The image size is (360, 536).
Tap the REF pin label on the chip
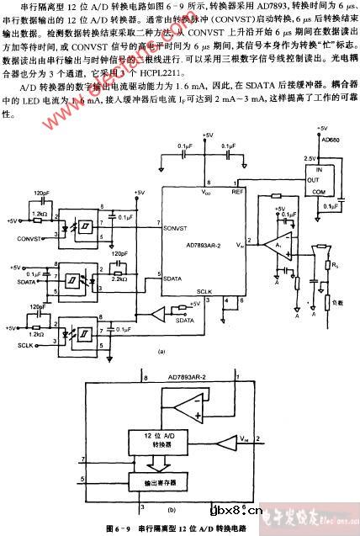coord(238,192)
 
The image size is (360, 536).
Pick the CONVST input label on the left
coord(29,238)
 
